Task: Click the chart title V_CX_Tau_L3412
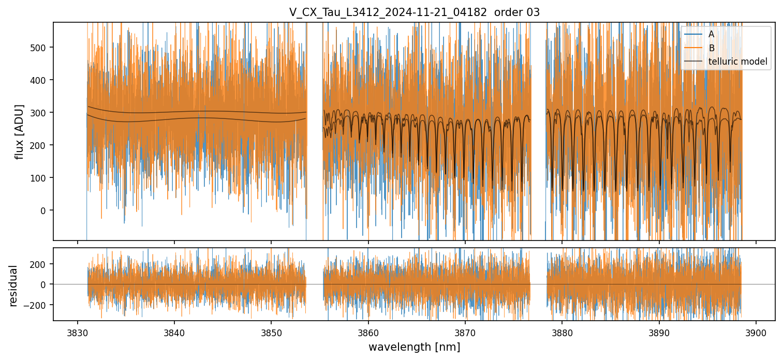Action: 414,12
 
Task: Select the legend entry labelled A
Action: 711,35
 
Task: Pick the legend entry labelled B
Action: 711,48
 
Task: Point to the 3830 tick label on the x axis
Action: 77,332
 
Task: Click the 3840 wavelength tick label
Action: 174,332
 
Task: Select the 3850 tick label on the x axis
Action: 271,332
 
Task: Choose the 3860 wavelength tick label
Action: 368,332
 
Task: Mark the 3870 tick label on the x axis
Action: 465,332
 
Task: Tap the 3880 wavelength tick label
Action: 562,332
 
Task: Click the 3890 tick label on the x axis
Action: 659,332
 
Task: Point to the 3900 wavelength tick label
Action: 756,332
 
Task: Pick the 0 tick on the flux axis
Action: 43,211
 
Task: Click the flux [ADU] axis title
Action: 20,131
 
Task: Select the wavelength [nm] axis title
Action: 414,347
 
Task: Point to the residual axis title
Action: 13,286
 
